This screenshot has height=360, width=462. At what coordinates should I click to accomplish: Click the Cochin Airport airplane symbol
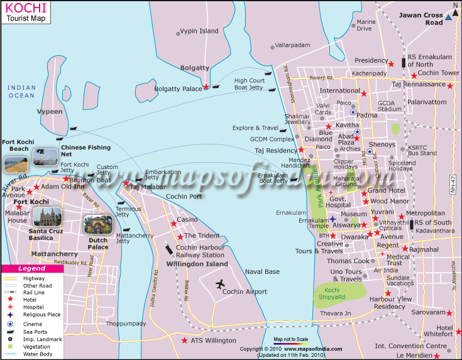point(220,285)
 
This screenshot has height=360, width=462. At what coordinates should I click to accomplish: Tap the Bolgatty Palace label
point(179,89)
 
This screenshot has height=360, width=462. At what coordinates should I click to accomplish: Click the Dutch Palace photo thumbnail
point(97,225)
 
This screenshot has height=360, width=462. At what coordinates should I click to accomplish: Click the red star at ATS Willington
point(184,341)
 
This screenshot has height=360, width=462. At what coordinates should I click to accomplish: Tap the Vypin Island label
point(199,31)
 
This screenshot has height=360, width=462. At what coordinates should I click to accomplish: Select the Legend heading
point(31,268)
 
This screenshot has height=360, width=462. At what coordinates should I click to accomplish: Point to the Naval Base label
point(262,271)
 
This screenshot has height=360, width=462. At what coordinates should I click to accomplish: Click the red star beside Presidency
point(391,63)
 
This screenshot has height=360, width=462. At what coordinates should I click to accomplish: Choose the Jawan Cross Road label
point(425,19)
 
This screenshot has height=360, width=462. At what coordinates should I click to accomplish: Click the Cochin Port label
point(184,196)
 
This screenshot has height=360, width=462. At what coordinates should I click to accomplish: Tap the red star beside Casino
point(173,223)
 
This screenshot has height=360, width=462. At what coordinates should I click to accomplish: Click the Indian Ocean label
point(21,91)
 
